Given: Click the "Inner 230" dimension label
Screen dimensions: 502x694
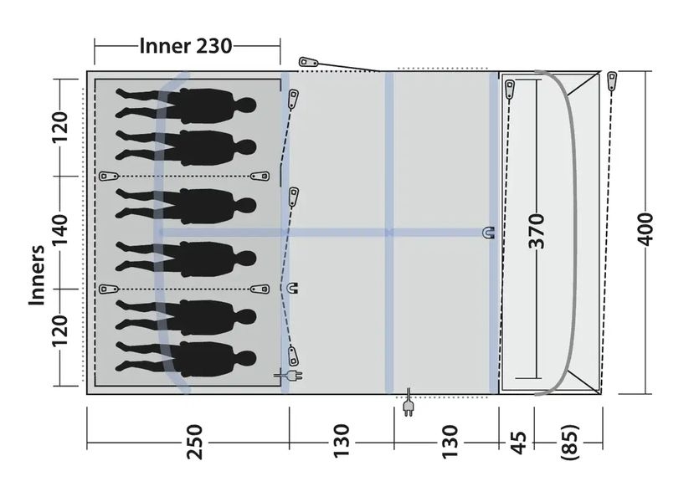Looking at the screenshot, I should point(186,46).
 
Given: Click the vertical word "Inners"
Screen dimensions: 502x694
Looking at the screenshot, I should point(36,276).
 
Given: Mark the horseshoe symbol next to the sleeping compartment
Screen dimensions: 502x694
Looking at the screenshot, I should point(293,288).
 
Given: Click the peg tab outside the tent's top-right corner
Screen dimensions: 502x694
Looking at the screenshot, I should point(612,81).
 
